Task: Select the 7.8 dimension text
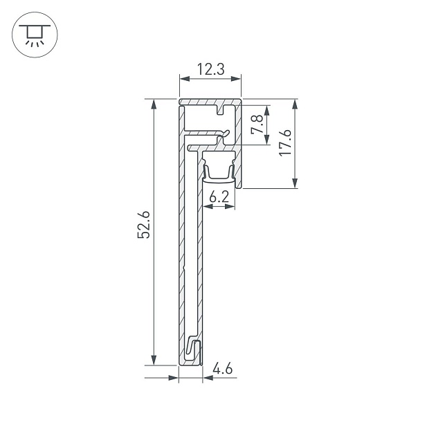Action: coord(257,125)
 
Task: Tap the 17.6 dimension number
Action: coord(285,143)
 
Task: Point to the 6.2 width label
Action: coord(219,197)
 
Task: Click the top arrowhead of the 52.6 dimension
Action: coord(153,105)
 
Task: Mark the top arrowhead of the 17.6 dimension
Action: coord(296,105)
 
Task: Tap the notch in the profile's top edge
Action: coord(222,109)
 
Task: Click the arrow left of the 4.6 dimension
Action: coord(174,378)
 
